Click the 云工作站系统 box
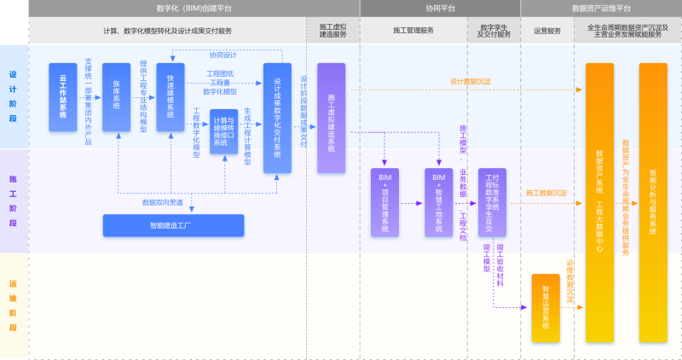(x=62, y=97)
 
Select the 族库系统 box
(x=116, y=97)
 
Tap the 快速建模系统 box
(x=170, y=97)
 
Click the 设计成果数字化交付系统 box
(x=278, y=118)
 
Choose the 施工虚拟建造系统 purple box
(x=332, y=118)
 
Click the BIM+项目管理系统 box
(x=384, y=202)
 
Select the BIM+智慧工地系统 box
(x=439, y=202)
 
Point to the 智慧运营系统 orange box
(x=546, y=308)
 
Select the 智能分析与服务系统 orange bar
(x=653, y=201)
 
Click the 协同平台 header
(x=440, y=8)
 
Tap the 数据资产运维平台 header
(x=601, y=8)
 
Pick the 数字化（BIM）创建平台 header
(x=194, y=8)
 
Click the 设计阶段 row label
(x=13, y=96)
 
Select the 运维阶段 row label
(x=13, y=306)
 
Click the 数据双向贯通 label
(x=162, y=203)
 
